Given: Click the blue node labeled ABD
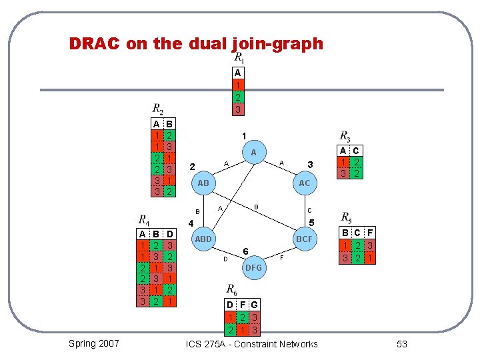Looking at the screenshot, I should pyautogui.click(x=203, y=239).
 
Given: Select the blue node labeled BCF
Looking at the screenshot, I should pyautogui.click(x=304, y=239).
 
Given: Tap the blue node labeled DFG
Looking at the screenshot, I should pyautogui.click(x=253, y=267).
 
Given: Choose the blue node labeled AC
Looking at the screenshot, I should pyautogui.click(x=304, y=183).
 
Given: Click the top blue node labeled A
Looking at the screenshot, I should pyautogui.click(x=253, y=153).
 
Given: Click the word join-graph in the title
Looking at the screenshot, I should pyautogui.click(x=277, y=45).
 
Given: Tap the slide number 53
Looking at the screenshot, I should pyautogui.click(x=401, y=344).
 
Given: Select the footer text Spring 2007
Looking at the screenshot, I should pyautogui.click(x=94, y=343).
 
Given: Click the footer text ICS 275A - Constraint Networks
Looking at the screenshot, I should pyautogui.click(x=252, y=344).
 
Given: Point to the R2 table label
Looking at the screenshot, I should pyautogui.click(x=158, y=108).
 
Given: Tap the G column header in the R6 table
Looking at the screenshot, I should pyautogui.click(x=255, y=305).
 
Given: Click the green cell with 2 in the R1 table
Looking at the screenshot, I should pyautogui.click(x=238, y=97).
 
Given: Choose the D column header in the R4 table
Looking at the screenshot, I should pyautogui.click(x=171, y=234).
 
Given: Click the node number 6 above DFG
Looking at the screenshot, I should pyautogui.click(x=246, y=251).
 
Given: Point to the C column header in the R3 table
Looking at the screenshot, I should pyautogui.click(x=357, y=151).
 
